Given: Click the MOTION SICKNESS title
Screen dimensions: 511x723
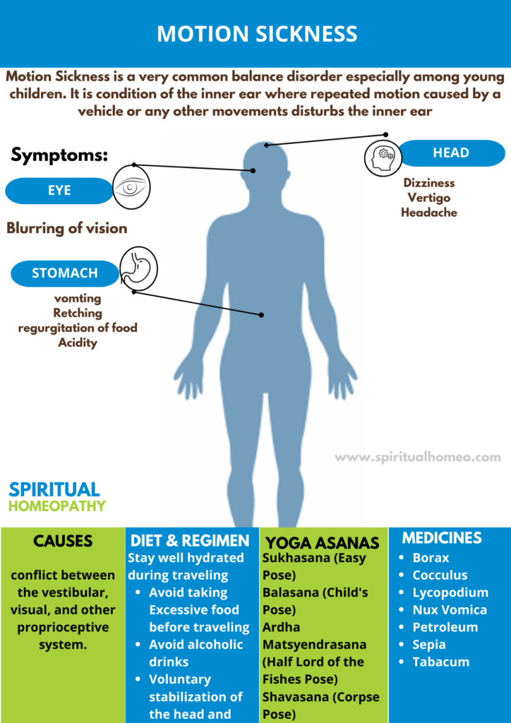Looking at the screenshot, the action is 257,34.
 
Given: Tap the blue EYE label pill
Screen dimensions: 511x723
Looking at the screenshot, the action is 59,191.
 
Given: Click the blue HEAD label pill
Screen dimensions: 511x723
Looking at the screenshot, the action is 451,153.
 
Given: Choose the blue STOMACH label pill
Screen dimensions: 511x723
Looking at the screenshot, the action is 64,273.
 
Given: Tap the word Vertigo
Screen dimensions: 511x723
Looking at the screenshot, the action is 429,198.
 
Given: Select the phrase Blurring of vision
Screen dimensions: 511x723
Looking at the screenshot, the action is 67,228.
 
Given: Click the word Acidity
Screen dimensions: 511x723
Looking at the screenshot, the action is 78,343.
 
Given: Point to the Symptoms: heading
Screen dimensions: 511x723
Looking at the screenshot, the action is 59,155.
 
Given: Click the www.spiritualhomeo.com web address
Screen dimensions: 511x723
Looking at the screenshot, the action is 417,458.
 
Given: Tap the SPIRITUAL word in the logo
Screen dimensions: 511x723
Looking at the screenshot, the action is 54,490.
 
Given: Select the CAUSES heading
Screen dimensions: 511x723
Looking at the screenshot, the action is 63,541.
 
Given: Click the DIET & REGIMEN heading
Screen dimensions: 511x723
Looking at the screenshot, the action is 190,541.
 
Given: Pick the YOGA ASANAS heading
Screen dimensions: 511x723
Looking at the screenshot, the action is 323,543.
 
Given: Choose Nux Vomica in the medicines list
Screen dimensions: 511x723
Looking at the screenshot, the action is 450,609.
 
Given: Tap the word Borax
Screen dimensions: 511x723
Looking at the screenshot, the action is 431,558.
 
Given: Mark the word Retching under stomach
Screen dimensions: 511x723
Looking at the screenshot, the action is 78,313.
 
